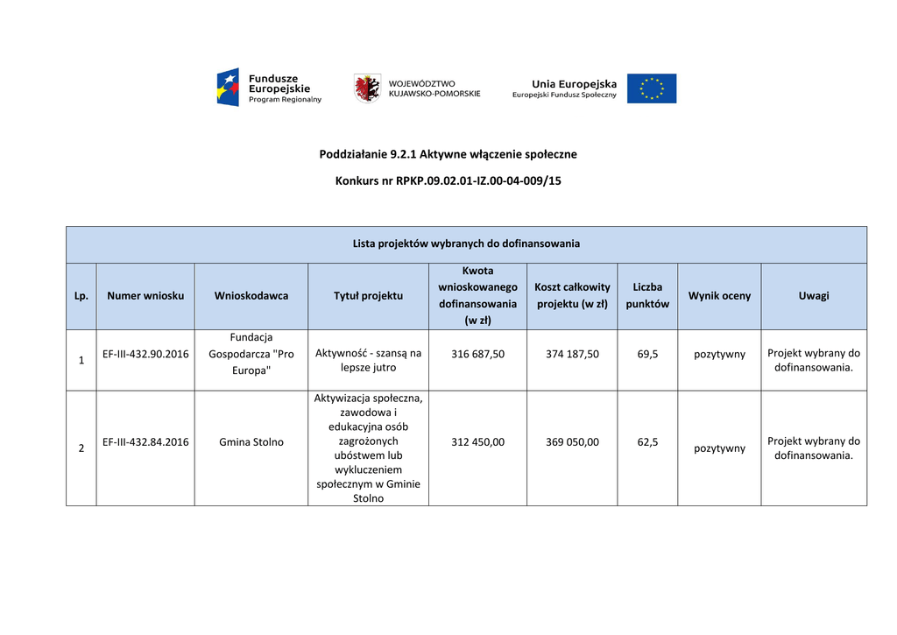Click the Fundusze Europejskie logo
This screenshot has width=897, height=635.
tap(269, 88)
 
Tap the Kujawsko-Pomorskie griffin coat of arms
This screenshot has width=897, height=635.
tap(366, 88)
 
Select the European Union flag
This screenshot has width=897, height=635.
tap(651, 88)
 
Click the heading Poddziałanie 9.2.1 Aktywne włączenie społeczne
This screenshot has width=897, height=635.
tap(448, 154)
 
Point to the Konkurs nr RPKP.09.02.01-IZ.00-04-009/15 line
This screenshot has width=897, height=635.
tap(448, 181)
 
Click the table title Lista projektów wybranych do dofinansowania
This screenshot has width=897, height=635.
tap(466, 243)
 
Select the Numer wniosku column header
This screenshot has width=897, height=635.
tap(145, 296)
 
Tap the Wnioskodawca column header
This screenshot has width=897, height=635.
tap(251, 296)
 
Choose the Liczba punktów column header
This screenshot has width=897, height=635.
tap(647, 296)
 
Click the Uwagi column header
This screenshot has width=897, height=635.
tap(813, 296)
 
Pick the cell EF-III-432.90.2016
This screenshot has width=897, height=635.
tap(145, 354)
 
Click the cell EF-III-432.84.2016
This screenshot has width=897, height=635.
tap(145, 442)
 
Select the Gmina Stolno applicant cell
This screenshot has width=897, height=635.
tap(251, 442)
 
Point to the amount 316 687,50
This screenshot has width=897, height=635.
tap(477, 354)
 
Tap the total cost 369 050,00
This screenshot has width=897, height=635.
tap(572, 442)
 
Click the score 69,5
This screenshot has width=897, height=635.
tap(647, 354)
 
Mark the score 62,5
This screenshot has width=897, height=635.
tap(647, 442)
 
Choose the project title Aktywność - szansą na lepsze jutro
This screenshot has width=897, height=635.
tap(368, 360)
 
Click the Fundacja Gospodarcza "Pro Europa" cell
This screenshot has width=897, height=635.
tap(251, 354)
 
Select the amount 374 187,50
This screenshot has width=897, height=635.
tap(572, 354)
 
